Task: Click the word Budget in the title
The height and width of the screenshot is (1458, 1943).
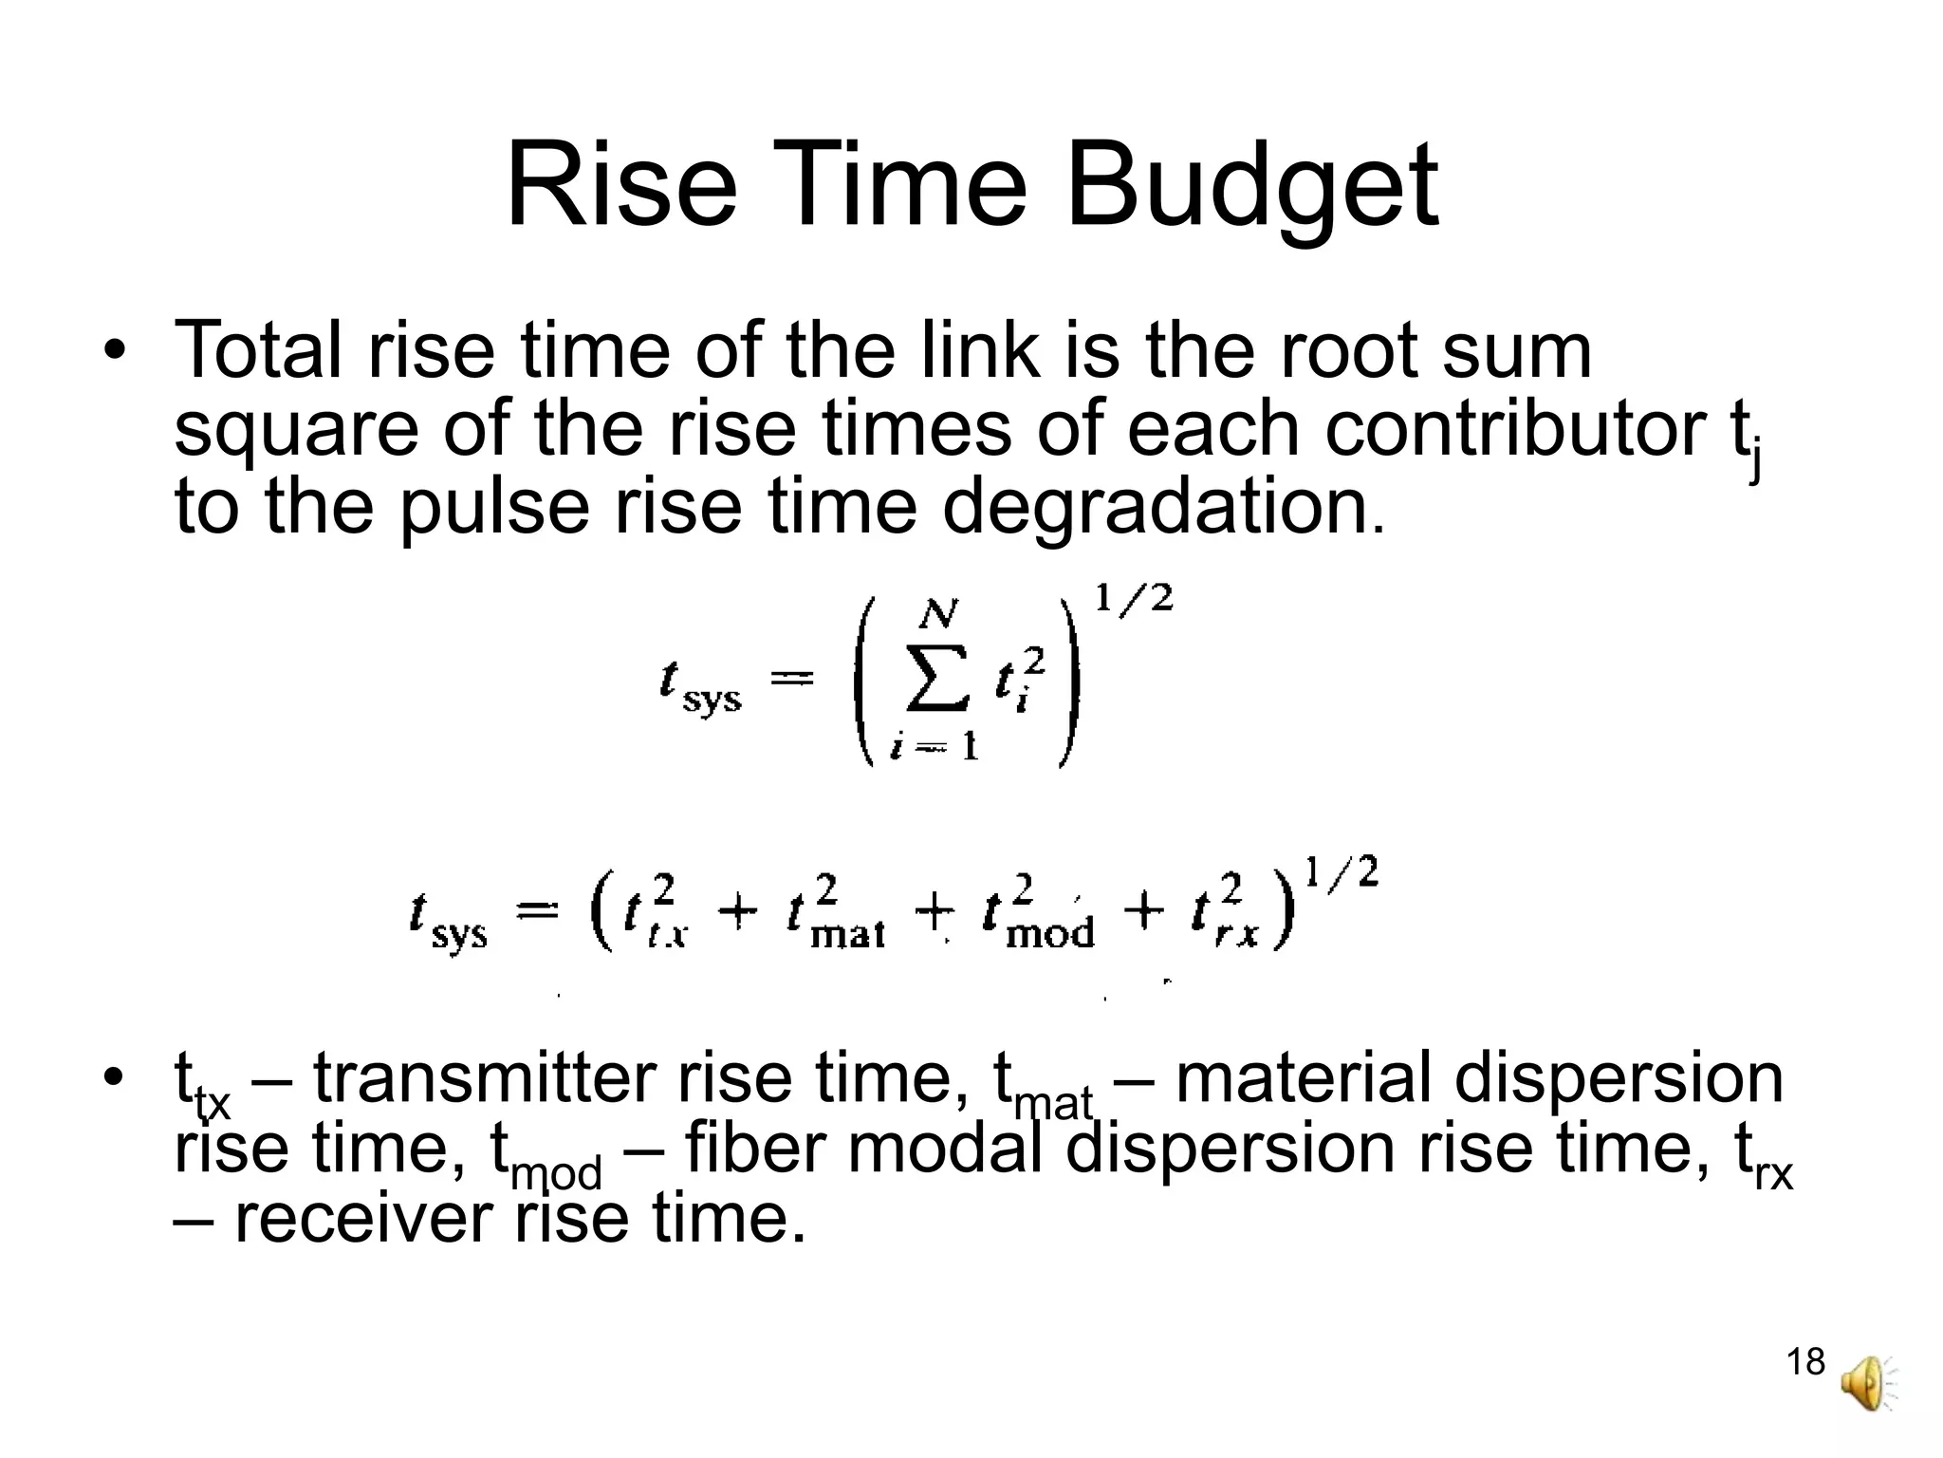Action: click(x=1252, y=186)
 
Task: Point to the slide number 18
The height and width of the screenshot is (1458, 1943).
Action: click(x=1805, y=1362)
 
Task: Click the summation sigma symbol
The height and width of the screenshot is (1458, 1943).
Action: click(x=937, y=678)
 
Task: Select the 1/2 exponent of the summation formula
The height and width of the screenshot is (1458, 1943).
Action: click(x=1134, y=599)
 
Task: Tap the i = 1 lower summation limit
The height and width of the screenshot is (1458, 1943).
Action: click(x=934, y=747)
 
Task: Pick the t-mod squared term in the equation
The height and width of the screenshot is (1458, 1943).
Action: click(x=1038, y=913)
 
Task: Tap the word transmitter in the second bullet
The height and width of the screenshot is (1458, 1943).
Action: click(x=484, y=1078)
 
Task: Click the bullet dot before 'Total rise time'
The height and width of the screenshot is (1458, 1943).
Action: click(x=115, y=350)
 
